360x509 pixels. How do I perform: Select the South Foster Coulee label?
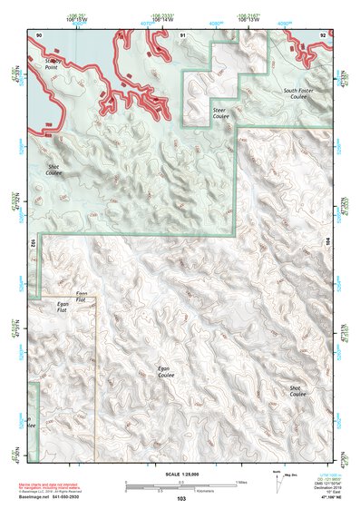tap(301, 93)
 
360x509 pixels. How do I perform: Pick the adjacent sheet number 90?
tap(39, 34)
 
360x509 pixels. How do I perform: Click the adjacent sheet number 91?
tap(183, 34)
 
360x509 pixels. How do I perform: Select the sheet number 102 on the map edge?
tap(32, 242)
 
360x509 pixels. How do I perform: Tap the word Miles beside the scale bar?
tap(243, 482)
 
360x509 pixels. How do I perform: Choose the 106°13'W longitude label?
tap(248, 19)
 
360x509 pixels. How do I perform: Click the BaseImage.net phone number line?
tap(63, 495)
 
